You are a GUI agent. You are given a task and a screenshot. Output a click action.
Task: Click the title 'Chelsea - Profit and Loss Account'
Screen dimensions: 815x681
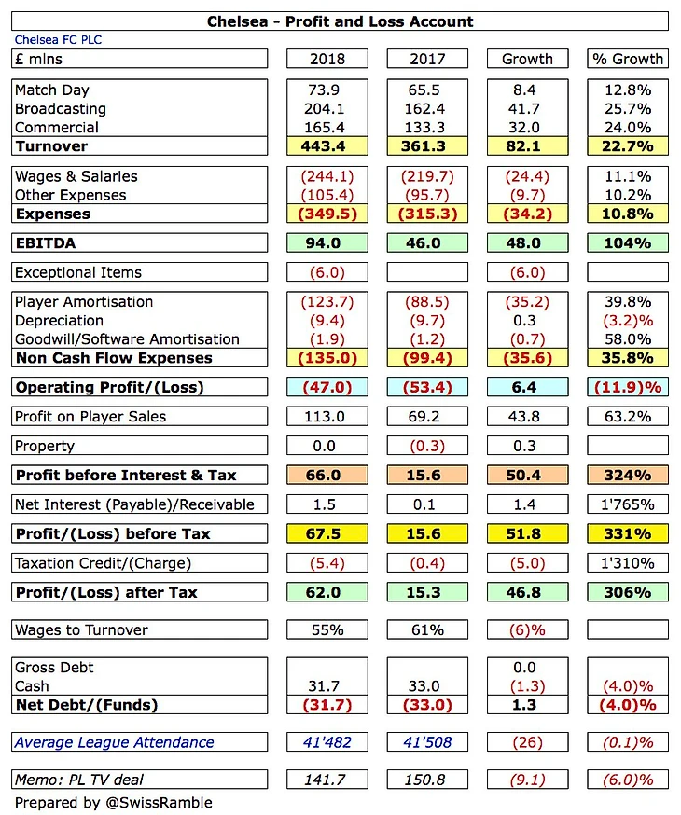coord(340,21)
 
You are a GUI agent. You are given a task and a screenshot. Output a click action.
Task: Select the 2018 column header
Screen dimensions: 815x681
coord(327,59)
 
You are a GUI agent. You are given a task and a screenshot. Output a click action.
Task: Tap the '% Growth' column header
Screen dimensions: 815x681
coord(627,59)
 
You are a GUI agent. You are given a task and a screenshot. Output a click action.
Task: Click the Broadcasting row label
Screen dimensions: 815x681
coord(55,109)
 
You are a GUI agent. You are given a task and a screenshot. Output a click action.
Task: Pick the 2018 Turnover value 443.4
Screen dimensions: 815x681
coord(327,146)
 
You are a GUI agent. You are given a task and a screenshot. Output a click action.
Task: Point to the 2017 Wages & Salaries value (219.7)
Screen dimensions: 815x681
coord(426,176)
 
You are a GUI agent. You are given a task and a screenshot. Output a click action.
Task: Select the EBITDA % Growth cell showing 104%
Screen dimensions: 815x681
coord(627,243)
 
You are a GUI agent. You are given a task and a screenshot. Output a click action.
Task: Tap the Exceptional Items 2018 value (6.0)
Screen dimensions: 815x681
coord(327,272)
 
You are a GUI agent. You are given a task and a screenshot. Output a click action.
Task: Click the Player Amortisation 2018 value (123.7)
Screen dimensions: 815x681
coord(327,302)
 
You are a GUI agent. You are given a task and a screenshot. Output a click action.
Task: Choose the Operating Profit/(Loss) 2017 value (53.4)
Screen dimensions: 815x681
coord(426,387)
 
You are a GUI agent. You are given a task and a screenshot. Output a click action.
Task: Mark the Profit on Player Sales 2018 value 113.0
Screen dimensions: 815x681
coord(327,416)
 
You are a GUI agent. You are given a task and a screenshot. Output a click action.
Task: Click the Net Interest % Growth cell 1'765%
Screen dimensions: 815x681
coord(627,504)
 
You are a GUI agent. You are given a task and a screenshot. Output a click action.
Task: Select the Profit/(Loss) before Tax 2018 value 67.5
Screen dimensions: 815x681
coord(327,533)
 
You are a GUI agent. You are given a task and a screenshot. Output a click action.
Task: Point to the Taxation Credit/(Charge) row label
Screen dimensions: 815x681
coord(104,563)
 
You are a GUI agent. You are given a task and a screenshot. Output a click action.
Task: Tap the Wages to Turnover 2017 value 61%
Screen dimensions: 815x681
coord(426,629)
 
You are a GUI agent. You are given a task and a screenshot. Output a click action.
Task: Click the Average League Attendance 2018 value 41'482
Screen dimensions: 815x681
coord(327,742)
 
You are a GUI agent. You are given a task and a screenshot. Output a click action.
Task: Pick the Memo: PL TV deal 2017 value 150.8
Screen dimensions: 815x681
coord(426,780)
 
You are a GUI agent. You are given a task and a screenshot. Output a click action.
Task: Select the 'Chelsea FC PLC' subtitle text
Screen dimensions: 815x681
coord(52,40)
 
